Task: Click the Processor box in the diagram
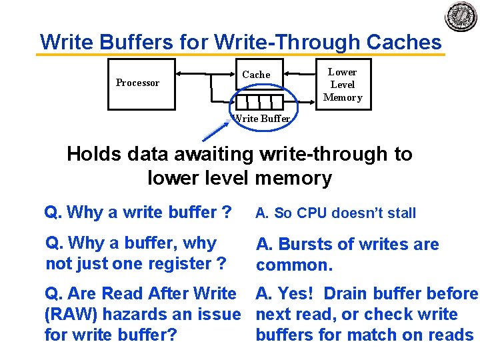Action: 141,83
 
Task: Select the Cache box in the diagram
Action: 256,75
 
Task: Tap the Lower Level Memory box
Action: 343,85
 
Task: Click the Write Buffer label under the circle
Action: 261,119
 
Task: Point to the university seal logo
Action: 461,17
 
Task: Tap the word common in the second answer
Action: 292,265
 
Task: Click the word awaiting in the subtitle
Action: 213,154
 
